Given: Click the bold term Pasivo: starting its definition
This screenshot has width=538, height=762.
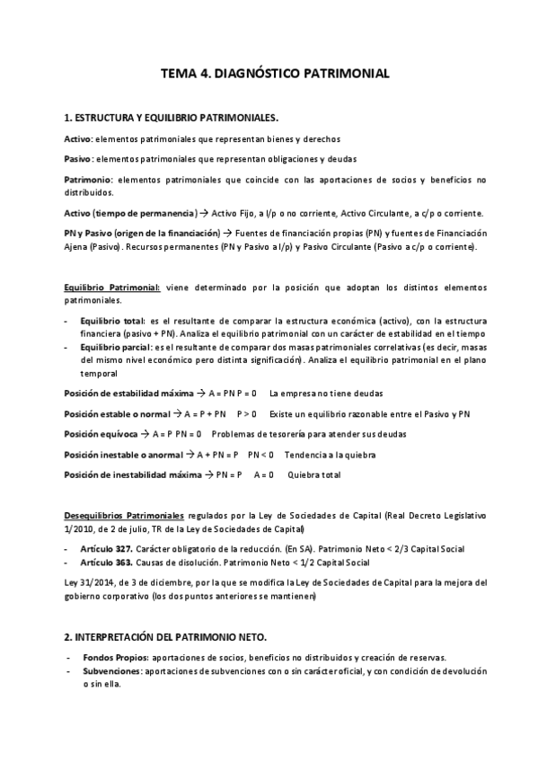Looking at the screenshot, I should [78, 158].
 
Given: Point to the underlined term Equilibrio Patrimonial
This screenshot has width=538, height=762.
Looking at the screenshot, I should [113, 288].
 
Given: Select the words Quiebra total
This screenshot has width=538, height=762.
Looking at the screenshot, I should [313, 474].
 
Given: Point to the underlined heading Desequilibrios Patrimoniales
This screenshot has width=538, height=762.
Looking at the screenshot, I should [124, 516].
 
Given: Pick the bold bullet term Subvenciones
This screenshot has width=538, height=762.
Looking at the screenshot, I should [110, 671].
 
